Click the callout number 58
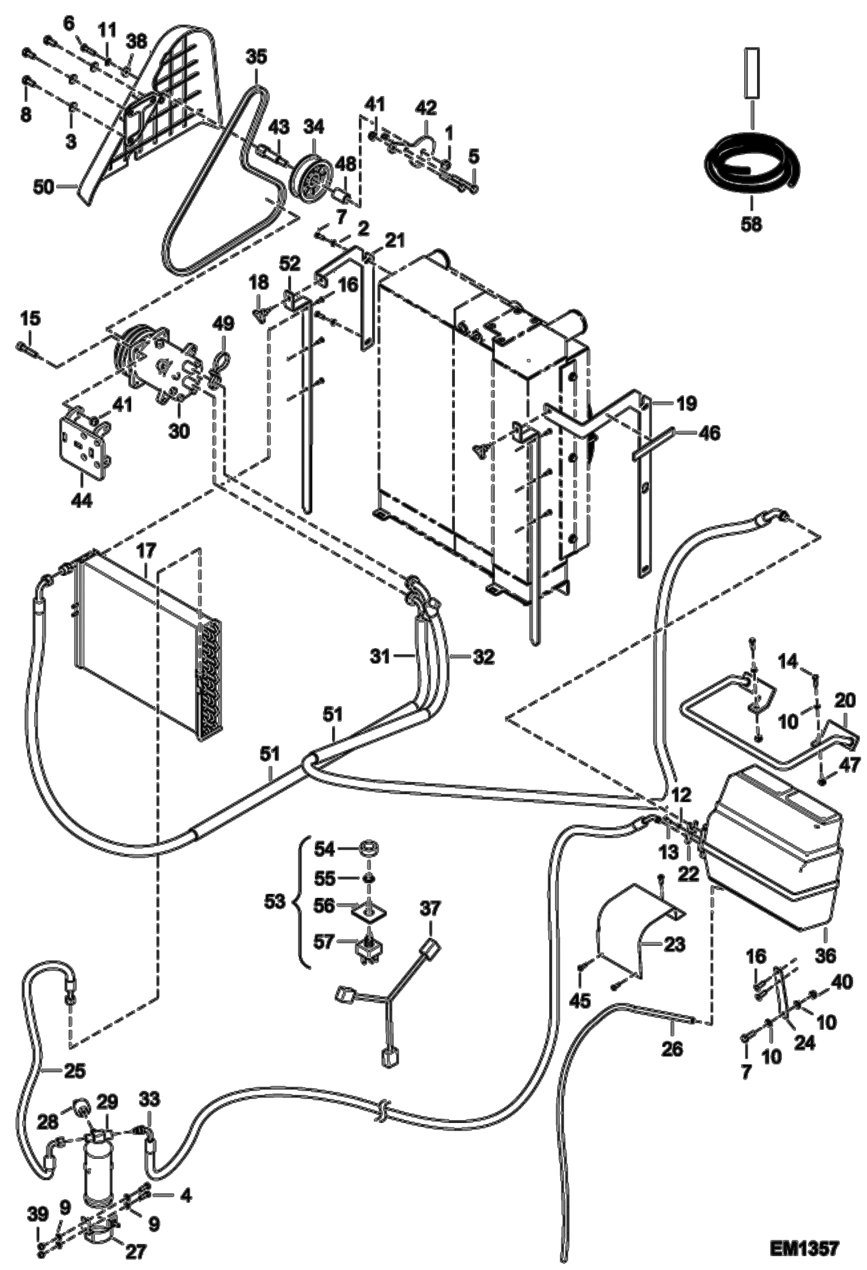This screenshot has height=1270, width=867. click(751, 223)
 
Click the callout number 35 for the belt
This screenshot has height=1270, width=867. click(256, 57)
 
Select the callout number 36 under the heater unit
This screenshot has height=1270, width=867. click(826, 955)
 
